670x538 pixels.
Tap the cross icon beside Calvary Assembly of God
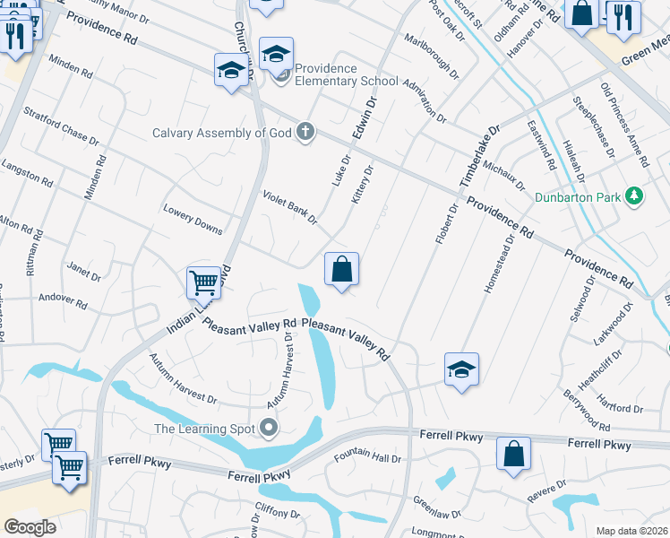click(x=306, y=133)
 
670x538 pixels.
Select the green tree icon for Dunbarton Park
click(x=634, y=195)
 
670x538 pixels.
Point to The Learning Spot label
click(x=203, y=428)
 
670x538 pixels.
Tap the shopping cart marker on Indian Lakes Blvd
click(x=204, y=283)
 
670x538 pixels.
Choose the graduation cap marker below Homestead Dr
click(x=461, y=369)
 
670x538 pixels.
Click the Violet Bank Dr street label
click(x=290, y=207)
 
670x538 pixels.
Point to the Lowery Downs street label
click(x=193, y=218)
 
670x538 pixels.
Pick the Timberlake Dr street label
click(x=479, y=155)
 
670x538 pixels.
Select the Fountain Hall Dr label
click(x=367, y=458)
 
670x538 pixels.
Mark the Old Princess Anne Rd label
click(x=624, y=125)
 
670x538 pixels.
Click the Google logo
click(x=30, y=526)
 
